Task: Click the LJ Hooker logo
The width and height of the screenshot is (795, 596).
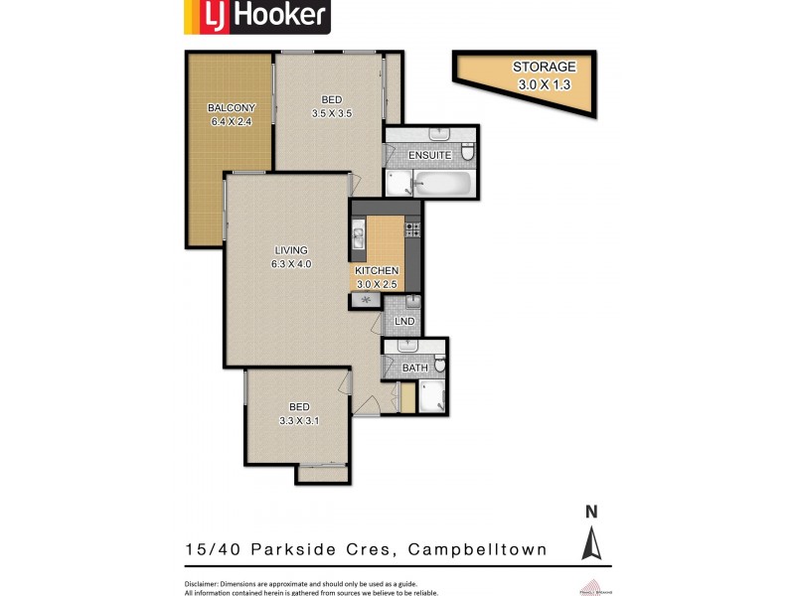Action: pyautogui.click(x=255, y=17)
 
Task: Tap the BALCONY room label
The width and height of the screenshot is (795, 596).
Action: pyautogui.click(x=231, y=108)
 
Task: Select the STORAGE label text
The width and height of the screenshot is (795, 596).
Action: pyautogui.click(x=544, y=68)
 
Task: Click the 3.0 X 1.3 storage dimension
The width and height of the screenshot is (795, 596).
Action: pyautogui.click(x=544, y=85)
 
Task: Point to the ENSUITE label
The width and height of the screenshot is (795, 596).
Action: pyautogui.click(x=429, y=155)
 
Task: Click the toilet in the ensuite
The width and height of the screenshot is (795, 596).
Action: pyautogui.click(x=468, y=153)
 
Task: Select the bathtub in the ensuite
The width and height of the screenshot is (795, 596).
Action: pyautogui.click(x=442, y=183)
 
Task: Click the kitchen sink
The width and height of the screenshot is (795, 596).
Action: pyautogui.click(x=358, y=238)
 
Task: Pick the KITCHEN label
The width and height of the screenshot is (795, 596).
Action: pyautogui.click(x=377, y=270)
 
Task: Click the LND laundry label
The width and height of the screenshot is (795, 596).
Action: pyautogui.click(x=404, y=322)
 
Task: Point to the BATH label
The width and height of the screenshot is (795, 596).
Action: pyautogui.click(x=414, y=368)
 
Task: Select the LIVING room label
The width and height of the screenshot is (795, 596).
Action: pyautogui.click(x=291, y=250)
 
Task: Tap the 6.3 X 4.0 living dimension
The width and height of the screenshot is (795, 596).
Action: pyautogui.click(x=291, y=264)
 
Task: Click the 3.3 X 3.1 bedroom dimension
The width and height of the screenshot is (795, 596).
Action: pyautogui.click(x=299, y=421)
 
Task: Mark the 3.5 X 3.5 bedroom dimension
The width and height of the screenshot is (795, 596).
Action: pyautogui.click(x=332, y=113)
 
